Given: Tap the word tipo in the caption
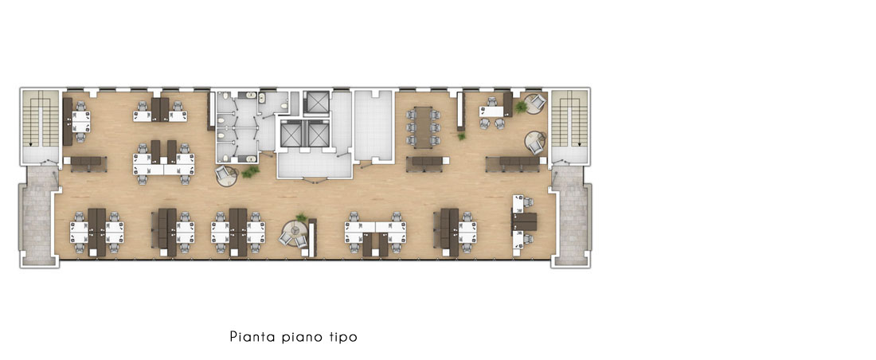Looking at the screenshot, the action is pyautogui.click(x=340, y=337).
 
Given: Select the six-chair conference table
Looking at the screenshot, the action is pyautogui.click(x=424, y=127).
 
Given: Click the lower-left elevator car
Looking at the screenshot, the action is pyautogui.click(x=291, y=134).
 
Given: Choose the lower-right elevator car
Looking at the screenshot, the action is pyautogui.click(x=319, y=134).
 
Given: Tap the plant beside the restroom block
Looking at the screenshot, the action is pyautogui.click(x=250, y=171).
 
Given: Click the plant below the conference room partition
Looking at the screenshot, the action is pyautogui.click(x=461, y=135).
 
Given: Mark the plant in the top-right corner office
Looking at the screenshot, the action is pyautogui.click(x=521, y=106).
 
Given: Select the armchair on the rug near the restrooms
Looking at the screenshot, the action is pyautogui.click(x=225, y=173).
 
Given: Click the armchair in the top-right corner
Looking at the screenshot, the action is pyautogui.click(x=537, y=101).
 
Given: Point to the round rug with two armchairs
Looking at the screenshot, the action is pyautogui.click(x=294, y=234).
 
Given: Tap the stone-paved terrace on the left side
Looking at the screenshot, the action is pyautogui.click(x=38, y=215).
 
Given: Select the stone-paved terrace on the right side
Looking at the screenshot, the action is pyautogui.click(x=570, y=215).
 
